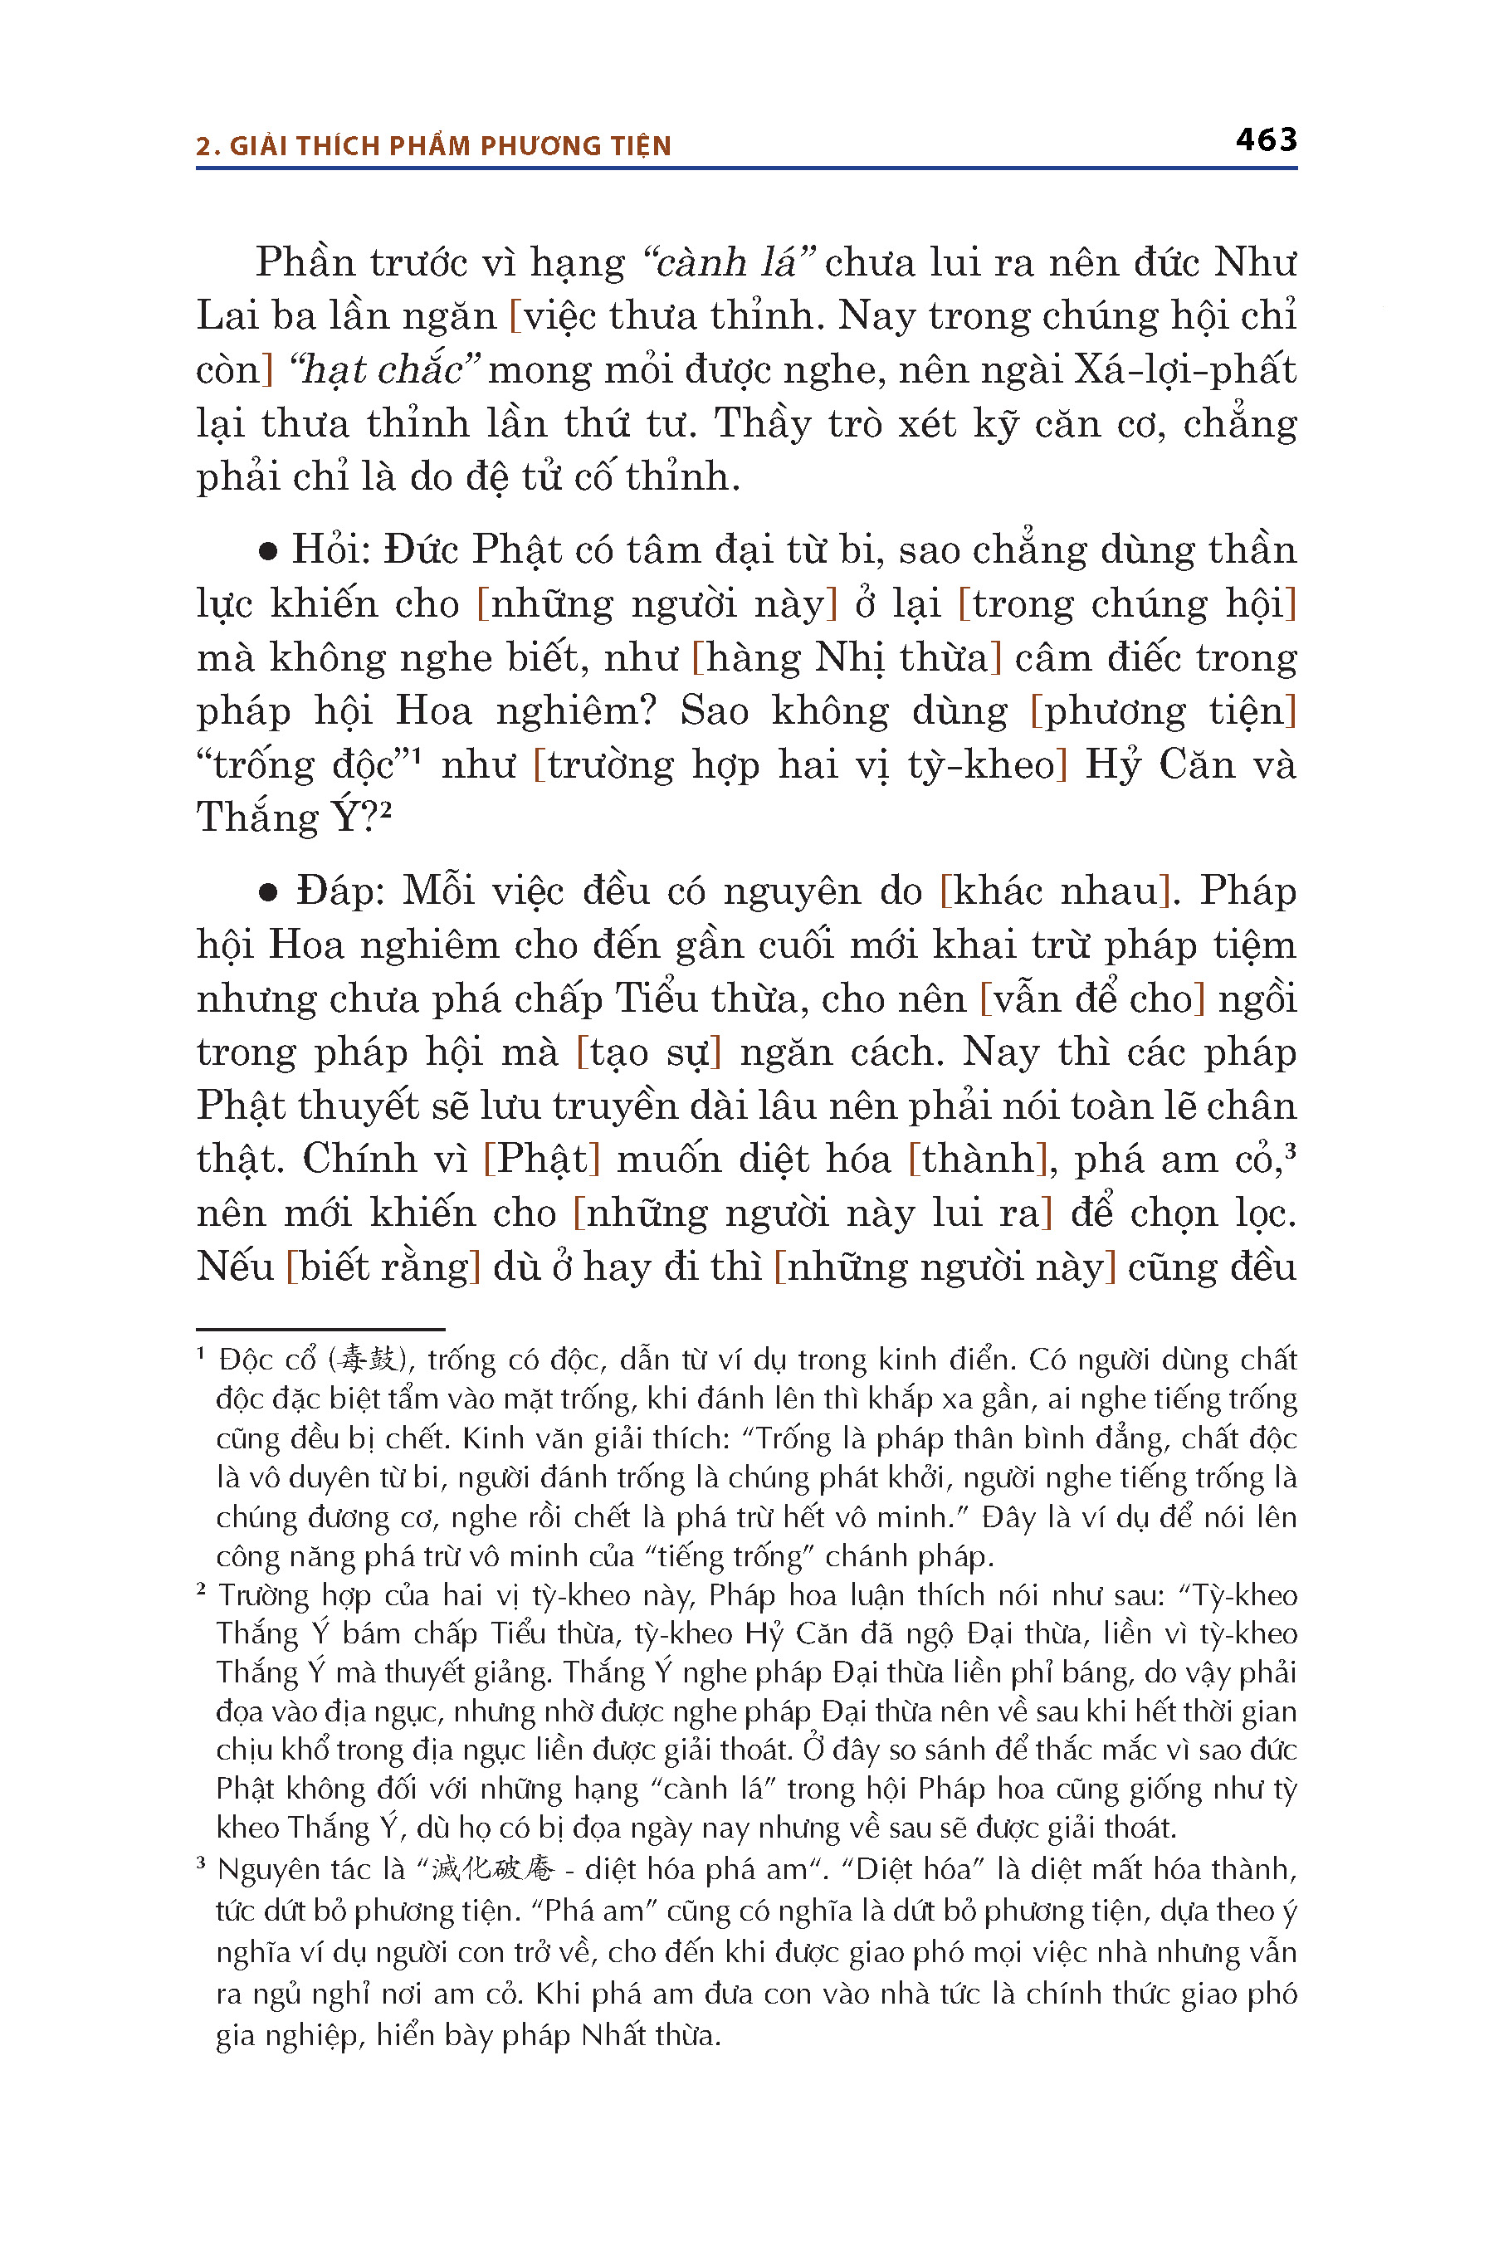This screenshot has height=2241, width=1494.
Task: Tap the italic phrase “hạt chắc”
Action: tap(385, 369)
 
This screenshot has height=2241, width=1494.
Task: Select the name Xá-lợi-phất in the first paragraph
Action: tap(1185, 369)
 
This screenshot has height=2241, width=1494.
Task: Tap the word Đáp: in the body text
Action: tap(340, 891)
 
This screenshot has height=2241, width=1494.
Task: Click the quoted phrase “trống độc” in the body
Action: tap(302, 765)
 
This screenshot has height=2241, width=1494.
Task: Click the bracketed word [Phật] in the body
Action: tap(542, 1159)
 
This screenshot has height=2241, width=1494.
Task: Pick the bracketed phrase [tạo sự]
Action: tap(649, 1052)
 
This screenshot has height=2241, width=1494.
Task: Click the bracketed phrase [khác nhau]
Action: tap(1055, 891)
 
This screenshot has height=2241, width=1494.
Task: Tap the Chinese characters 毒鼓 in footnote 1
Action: tap(369, 1359)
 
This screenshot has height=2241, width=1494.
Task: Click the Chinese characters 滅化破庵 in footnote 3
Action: tap(492, 1869)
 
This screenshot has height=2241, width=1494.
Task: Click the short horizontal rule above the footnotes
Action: tap(320, 1328)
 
